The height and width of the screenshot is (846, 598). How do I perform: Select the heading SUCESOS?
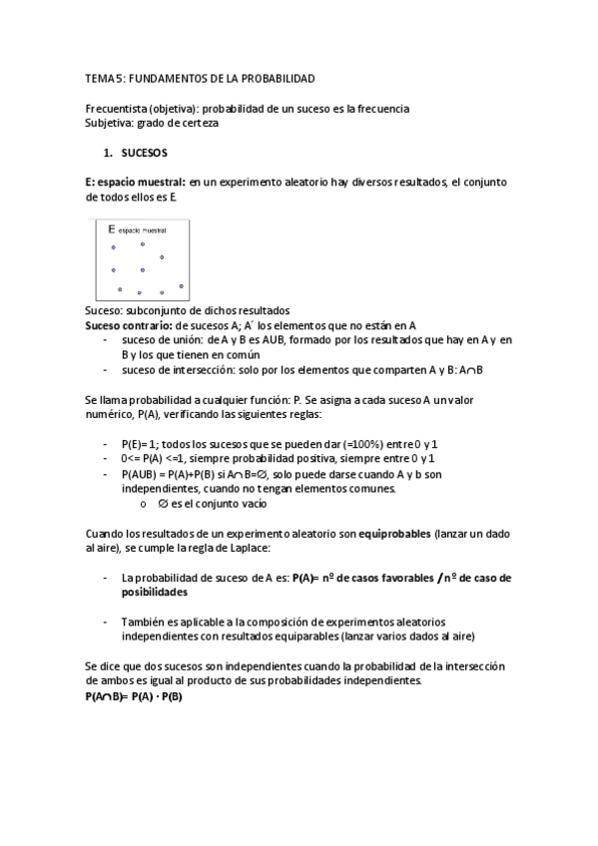click(x=145, y=155)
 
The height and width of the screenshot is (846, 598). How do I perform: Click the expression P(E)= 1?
click(x=144, y=443)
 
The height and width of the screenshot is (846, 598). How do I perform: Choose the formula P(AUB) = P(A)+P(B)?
click(x=177, y=474)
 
